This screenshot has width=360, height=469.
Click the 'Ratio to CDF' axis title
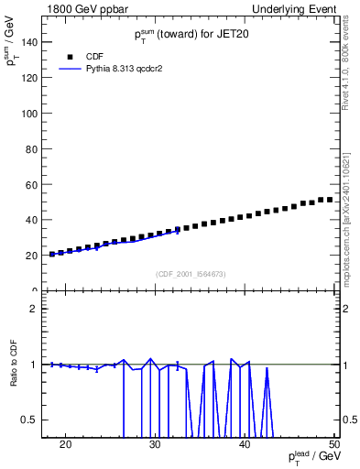pos(14,364)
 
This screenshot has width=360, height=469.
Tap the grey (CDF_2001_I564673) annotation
pos(190,274)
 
